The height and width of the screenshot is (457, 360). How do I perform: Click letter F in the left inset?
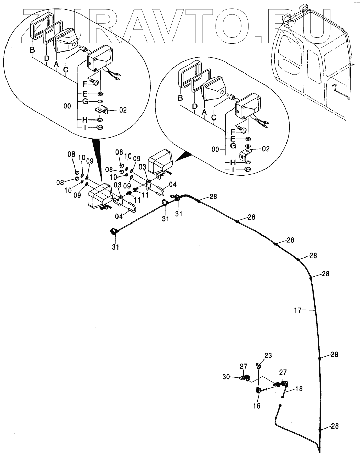coord(85,84)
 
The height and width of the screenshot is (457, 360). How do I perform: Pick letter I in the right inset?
coord(233,170)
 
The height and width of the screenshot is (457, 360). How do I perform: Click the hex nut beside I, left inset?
coord(100,127)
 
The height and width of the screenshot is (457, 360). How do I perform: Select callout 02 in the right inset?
coord(266,149)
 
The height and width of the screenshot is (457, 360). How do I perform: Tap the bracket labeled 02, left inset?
coord(102,110)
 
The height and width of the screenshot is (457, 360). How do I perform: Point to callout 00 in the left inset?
coord(67,106)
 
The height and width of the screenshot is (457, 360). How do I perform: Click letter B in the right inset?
coord(180,98)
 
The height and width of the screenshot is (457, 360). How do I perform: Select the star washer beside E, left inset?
coord(100,94)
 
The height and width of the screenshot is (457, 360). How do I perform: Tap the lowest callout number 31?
coord(116,247)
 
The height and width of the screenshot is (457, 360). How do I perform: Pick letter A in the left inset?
coord(56,64)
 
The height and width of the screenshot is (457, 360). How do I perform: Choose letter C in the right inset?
coord(214,117)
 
